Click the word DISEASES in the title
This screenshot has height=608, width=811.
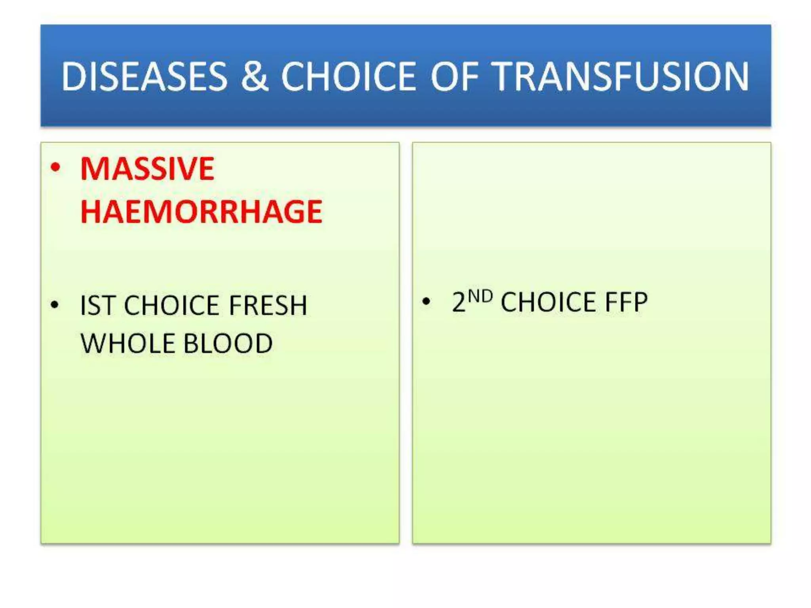pyautogui.click(x=145, y=76)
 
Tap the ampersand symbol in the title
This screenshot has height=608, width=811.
pyautogui.click(x=254, y=76)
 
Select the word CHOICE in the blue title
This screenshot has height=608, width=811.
pyautogui.click(x=348, y=76)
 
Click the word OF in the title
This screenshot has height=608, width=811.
pyautogui.click(x=455, y=76)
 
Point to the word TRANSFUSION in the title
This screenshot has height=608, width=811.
pyautogui.click(x=622, y=76)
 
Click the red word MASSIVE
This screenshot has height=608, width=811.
pyautogui.click(x=147, y=169)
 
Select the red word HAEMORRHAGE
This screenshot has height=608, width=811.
pyautogui.click(x=201, y=212)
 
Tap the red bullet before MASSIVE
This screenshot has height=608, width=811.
pyautogui.click(x=56, y=167)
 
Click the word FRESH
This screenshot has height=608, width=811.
pyautogui.click(x=268, y=306)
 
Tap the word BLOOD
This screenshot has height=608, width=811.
pyautogui.click(x=228, y=343)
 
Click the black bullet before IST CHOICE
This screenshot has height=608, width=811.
pyautogui.click(x=55, y=305)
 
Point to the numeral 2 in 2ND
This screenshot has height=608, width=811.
pyautogui.click(x=459, y=302)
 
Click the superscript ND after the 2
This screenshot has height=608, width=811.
pyautogui.click(x=480, y=296)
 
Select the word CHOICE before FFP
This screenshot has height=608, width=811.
pyautogui.click(x=548, y=302)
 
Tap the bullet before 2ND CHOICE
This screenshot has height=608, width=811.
pyautogui.click(x=426, y=302)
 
